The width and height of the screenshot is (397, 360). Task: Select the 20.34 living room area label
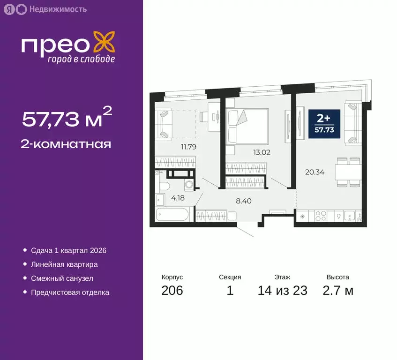(x=315, y=172)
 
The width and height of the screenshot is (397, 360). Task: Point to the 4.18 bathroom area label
(x=177, y=198)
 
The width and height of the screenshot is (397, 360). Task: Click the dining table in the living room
(x=348, y=172)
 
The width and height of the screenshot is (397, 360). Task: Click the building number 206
(x=172, y=290)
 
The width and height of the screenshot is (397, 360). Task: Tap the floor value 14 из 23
(x=283, y=290)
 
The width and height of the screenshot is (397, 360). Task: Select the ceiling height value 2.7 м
(x=337, y=290)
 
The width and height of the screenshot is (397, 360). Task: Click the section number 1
(x=230, y=290)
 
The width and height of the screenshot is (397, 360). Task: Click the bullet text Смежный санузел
(x=62, y=278)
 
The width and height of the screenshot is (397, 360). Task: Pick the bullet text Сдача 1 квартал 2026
(x=69, y=250)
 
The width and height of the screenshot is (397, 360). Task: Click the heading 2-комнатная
(x=66, y=144)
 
